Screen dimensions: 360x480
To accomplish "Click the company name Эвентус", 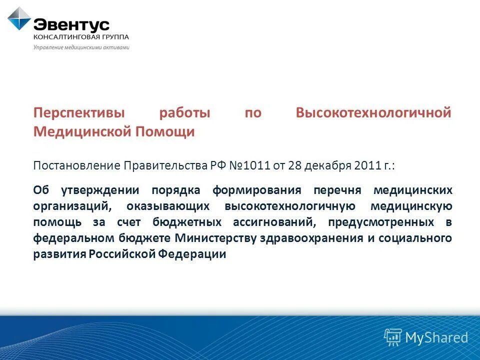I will point(71,24).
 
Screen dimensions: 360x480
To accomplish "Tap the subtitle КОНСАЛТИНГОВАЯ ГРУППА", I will point(81,37).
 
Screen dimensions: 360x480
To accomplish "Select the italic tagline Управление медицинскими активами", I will point(81,47).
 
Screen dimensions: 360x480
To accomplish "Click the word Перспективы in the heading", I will point(78,113).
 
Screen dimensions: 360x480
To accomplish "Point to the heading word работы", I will point(185,113).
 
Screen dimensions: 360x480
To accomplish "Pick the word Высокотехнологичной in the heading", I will point(373,113).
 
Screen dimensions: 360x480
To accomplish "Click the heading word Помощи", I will point(168,132).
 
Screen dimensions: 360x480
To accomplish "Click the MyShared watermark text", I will point(436,337).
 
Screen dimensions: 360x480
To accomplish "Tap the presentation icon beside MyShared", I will point(392,337).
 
